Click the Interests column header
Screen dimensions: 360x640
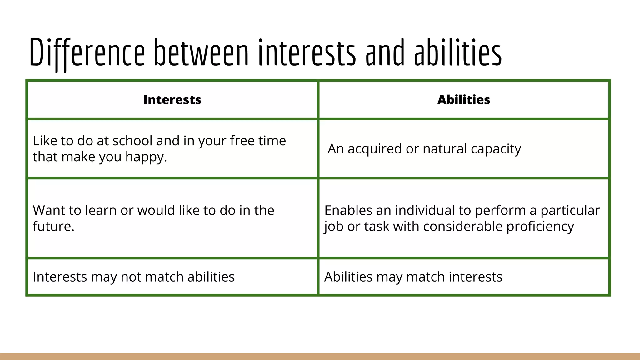click(x=172, y=100)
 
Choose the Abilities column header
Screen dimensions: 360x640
click(x=464, y=100)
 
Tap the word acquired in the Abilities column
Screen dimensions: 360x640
click(x=375, y=149)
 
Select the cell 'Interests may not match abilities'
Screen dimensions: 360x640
click(x=134, y=277)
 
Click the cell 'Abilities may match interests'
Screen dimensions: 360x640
click(x=413, y=277)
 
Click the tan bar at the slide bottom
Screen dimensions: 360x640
click(x=320, y=357)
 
